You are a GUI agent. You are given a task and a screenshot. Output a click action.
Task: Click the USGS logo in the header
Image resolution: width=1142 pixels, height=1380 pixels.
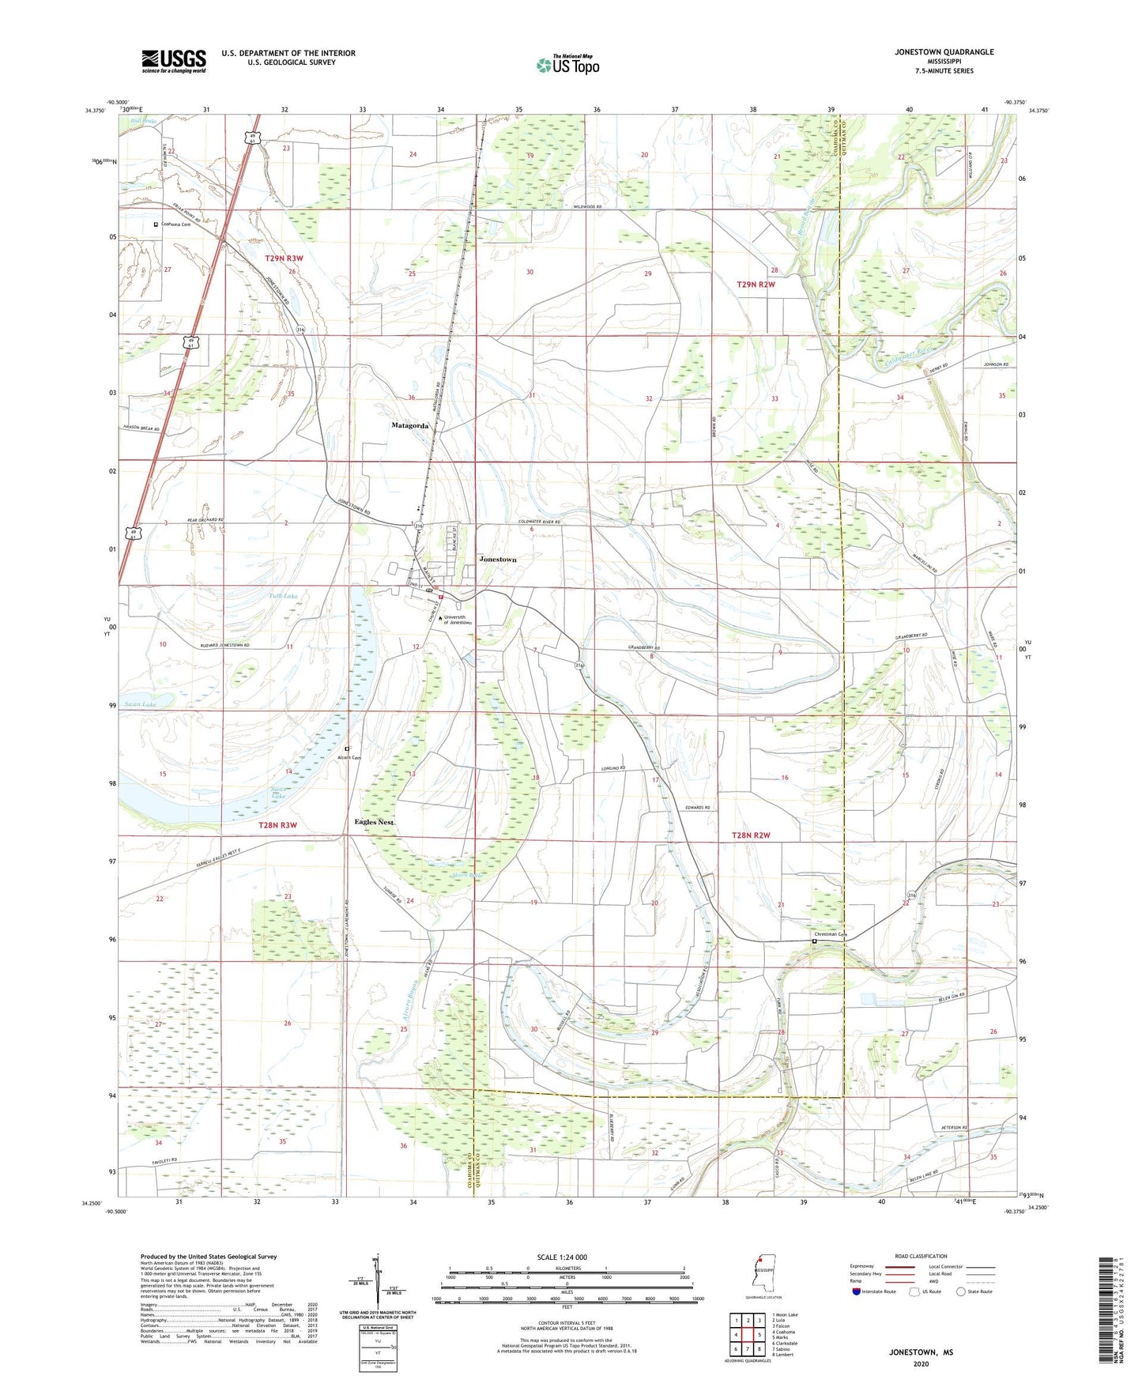pyautogui.click(x=174, y=61)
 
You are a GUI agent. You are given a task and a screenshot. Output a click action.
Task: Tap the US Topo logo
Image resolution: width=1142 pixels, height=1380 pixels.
pyautogui.click(x=567, y=65)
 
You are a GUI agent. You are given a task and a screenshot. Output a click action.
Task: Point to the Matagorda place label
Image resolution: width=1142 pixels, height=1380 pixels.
pyautogui.click(x=410, y=426)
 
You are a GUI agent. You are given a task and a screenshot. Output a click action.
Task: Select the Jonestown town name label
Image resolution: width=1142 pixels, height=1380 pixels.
pyautogui.click(x=497, y=560)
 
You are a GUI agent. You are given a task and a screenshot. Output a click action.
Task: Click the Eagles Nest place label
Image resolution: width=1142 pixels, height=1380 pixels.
pyautogui.click(x=374, y=822)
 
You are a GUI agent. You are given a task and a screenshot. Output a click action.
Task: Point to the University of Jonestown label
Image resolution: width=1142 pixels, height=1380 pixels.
pyautogui.click(x=457, y=620)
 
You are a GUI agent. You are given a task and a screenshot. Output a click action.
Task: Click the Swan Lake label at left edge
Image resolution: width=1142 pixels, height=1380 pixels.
pyautogui.click(x=139, y=704)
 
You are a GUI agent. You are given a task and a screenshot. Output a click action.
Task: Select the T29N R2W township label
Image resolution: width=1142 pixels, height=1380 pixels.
pyautogui.click(x=756, y=284)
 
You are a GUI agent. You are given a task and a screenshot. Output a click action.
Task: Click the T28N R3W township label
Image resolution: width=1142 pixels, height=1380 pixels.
pyautogui.click(x=277, y=825)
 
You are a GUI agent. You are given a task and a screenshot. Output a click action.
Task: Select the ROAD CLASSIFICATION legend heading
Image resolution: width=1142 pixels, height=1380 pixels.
pyautogui.click(x=922, y=1256)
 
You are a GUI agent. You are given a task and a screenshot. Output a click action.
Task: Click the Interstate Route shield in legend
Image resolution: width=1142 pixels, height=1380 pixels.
pyautogui.click(x=856, y=1291)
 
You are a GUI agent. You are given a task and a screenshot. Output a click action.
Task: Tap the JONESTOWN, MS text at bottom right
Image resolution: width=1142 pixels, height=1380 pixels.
pyautogui.click(x=921, y=1352)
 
